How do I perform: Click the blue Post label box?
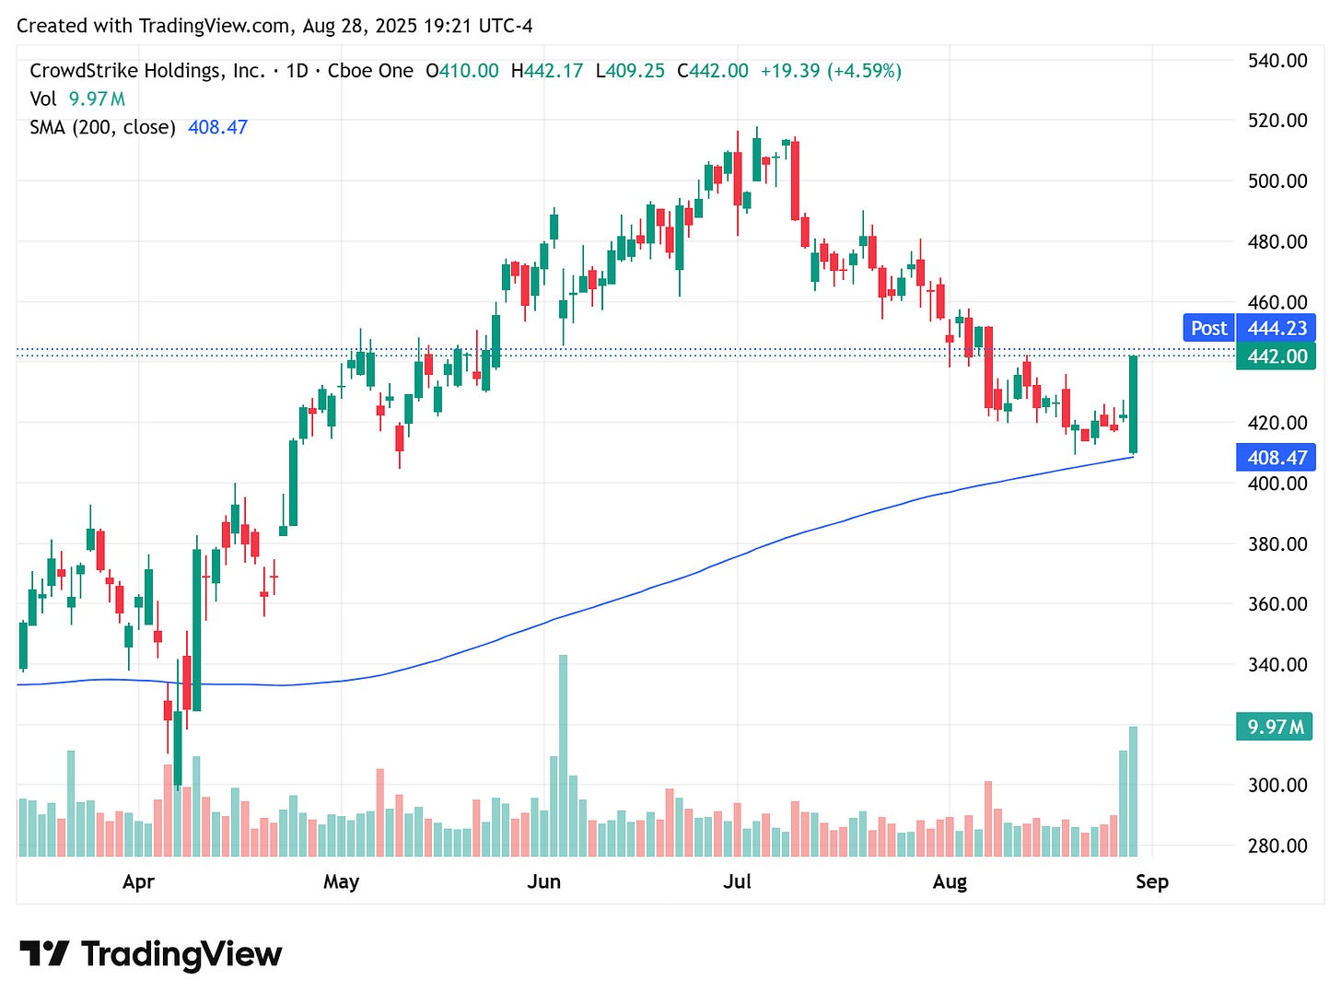(x=1207, y=328)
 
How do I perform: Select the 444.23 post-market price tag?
(x=1277, y=328)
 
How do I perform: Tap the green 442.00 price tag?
(x=1277, y=356)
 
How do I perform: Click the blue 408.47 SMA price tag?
(x=1277, y=458)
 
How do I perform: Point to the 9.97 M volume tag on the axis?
(x=1275, y=727)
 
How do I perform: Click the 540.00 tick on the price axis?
(x=1277, y=61)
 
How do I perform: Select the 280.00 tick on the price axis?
(x=1277, y=846)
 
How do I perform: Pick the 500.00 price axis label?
(x=1277, y=181)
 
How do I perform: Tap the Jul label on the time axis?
(x=737, y=881)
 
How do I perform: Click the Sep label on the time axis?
(x=1151, y=881)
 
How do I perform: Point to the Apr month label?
(x=138, y=881)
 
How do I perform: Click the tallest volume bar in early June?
(x=563, y=755)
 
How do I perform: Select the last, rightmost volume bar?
(x=1133, y=792)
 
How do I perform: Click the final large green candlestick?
(x=1133, y=404)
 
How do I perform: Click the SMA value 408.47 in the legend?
(x=217, y=127)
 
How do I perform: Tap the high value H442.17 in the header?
(x=547, y=71)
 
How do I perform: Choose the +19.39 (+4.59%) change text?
(x=830, y=71)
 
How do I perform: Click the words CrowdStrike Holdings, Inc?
(x=147, y=71)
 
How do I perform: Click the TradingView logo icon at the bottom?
(x=43, y=953)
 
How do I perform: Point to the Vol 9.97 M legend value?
(x=97, y=99)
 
